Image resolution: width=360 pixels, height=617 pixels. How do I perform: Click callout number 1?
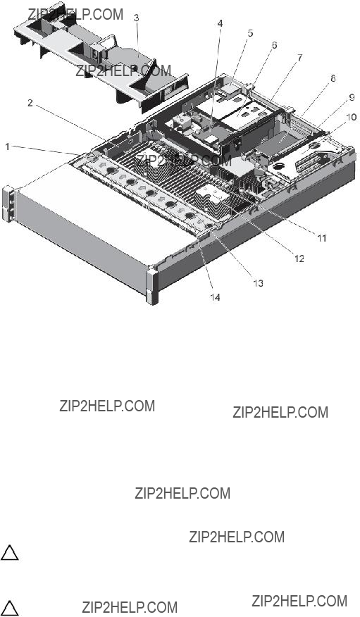click(8, 147)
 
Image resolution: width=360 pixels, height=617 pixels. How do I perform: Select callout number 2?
click(30, 103)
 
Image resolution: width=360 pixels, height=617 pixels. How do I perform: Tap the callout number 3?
click(136, 18)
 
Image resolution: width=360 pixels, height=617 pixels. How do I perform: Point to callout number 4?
click(220, 24)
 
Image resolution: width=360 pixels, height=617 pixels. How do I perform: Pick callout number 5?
click(250, 33)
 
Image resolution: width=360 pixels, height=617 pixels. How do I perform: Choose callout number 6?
click(274, 45)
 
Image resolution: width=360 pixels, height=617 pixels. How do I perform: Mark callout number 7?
click(300, 58)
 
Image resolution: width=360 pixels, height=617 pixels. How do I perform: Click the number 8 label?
click(333, 79)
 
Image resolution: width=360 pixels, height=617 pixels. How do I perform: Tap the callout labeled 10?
click(351, 117)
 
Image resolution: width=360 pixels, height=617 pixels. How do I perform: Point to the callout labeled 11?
click(322, 237)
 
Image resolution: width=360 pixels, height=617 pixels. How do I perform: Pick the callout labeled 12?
click(299, 258)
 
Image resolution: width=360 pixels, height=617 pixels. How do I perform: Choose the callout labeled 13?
click(258, 283)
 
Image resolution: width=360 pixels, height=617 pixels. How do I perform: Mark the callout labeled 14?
click(215, 297)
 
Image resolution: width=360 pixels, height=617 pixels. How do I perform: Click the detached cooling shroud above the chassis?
click(101, 60)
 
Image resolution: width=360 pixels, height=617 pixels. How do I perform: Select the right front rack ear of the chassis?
click(152, 284)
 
